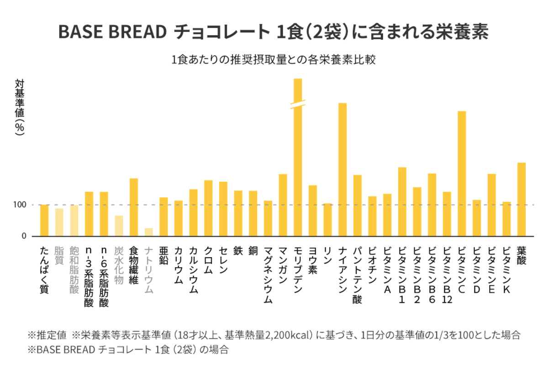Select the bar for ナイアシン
click(342, 169)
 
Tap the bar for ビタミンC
click(462, 174)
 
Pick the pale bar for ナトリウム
click(148, 232)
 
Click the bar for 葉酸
click(521, 199)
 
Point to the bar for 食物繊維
click(134, 207)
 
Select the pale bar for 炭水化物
click(119, 226)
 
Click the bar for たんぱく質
click(44, 220)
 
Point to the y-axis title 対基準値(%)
click(20, 106)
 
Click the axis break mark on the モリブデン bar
click(297, 104)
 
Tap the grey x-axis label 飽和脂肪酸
click(74, 269)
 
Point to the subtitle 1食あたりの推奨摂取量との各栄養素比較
click(274, 60)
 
